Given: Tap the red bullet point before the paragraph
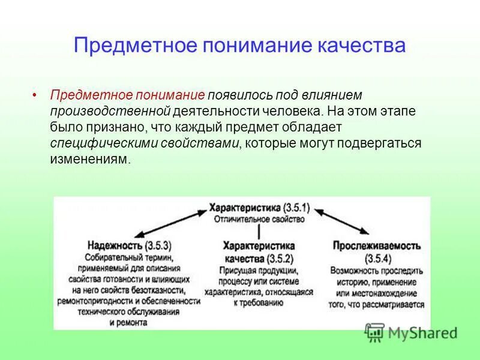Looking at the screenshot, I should click(x=35, y=95).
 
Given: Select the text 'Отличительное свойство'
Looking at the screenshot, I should click(x=259, y=219).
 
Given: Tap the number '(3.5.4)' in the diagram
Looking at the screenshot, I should click(x=379, y=259).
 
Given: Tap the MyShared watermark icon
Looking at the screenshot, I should click(x=375, y=332).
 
